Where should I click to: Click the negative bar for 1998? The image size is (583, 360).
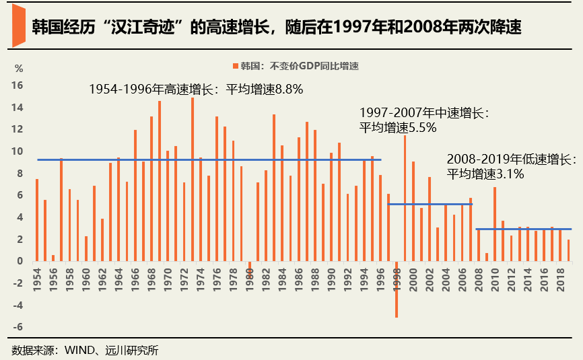click(397, 289)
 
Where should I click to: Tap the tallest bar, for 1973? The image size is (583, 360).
click(193, 179)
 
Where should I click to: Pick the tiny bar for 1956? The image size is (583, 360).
click(53, 258)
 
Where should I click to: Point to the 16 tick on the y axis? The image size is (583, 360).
click(18, 85)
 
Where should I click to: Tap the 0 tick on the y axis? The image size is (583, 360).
click(21, 261)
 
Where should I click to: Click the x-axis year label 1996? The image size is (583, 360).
click(380, 277)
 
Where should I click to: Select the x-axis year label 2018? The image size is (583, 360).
click(559, 277)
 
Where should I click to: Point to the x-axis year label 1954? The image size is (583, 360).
click(36, 277)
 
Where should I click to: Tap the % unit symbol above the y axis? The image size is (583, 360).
click(19, 69)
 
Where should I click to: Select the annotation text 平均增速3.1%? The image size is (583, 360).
click(485, 174)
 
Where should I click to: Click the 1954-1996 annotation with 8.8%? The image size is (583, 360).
click(196, 89)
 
